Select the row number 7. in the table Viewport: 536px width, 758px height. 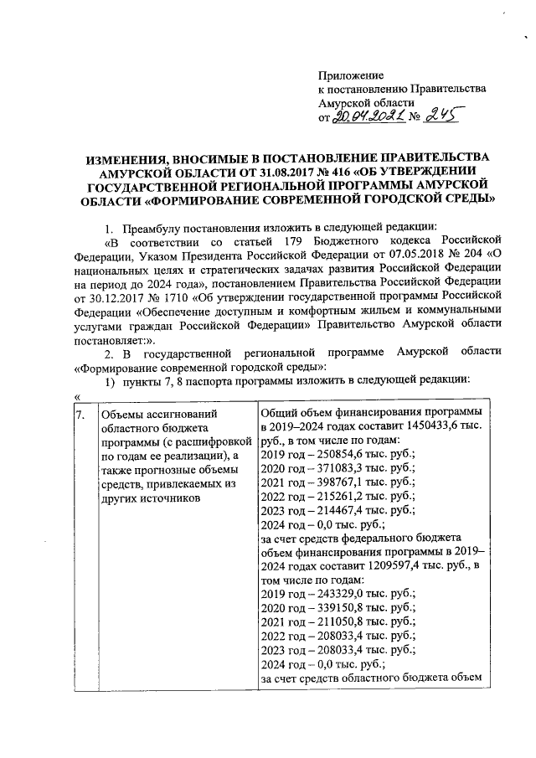pyautogui.click(x=79, y=414)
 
